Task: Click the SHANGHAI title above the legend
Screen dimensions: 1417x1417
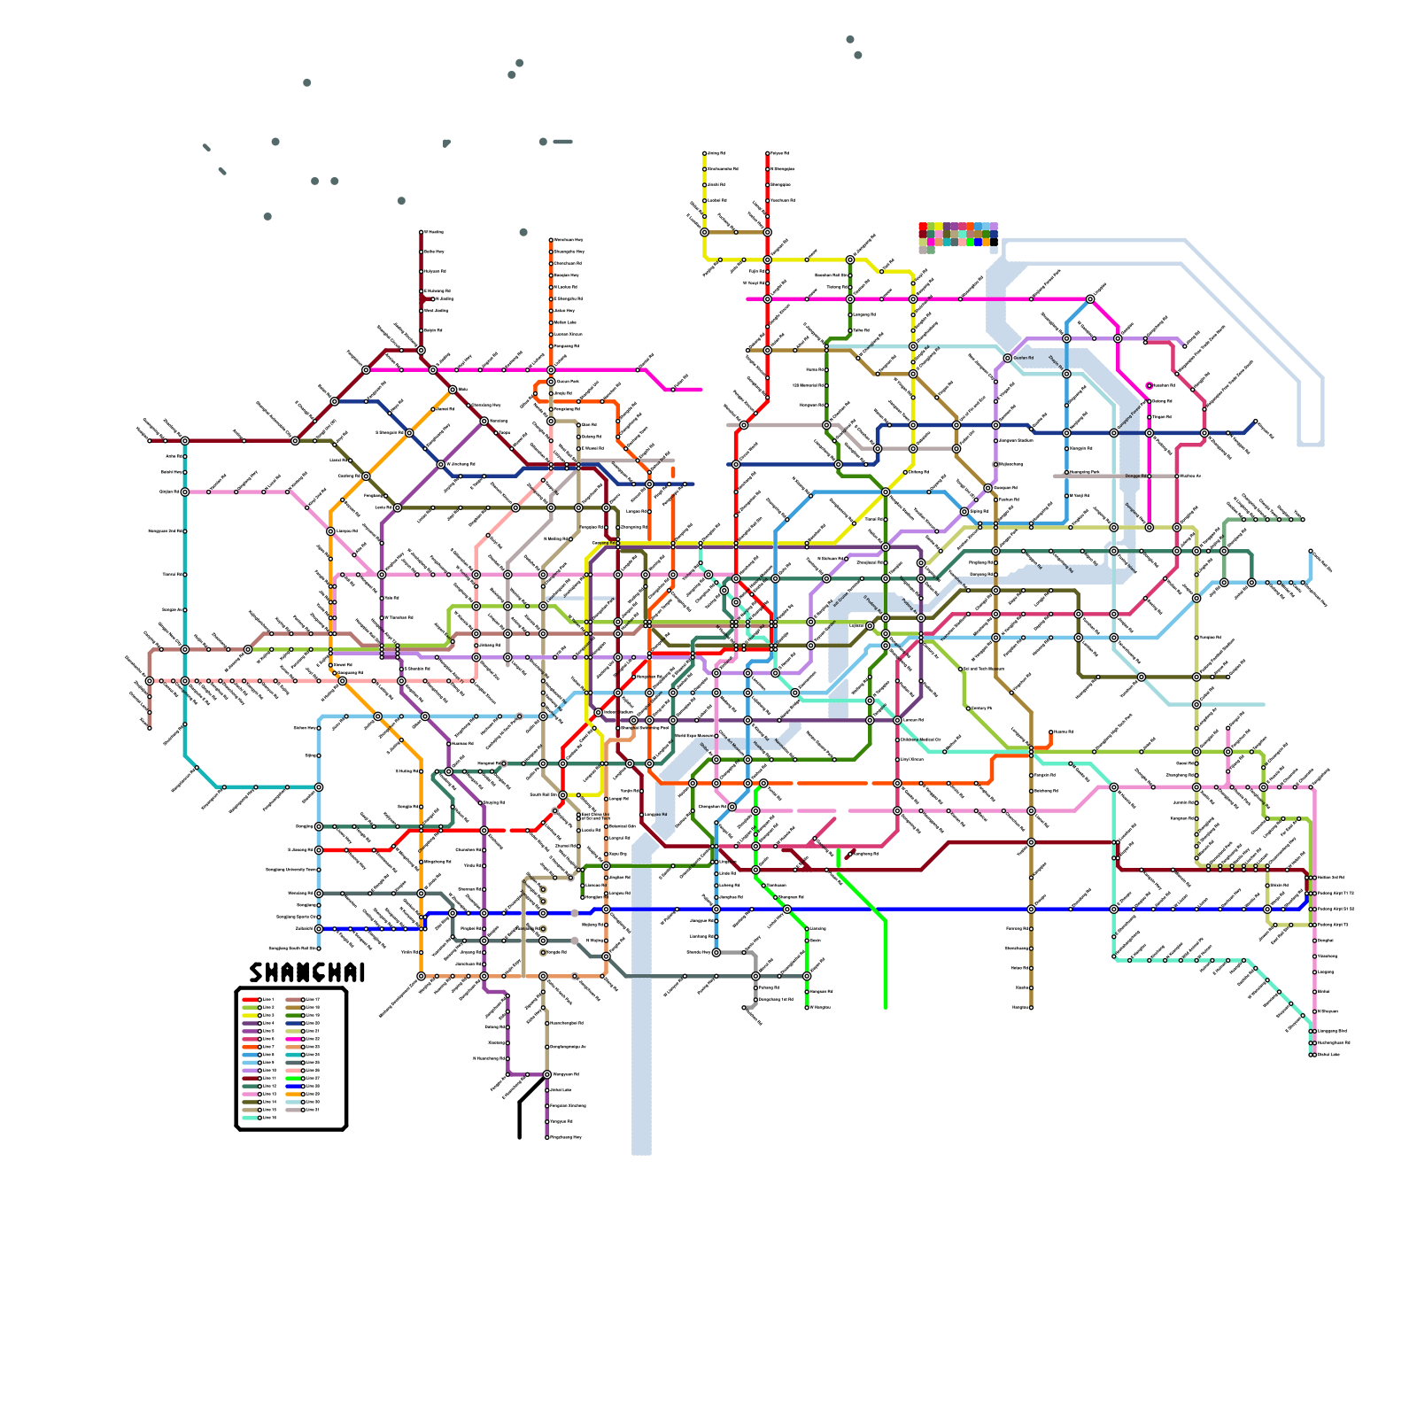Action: click(x=306, y=972)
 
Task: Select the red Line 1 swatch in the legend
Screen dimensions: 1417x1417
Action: click(x=250, y=1000)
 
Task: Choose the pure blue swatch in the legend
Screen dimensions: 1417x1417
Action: click(x=293, y=1086)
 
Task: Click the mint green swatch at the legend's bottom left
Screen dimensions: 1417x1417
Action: click(x=250, y=1118)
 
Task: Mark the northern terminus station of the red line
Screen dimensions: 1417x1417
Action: click(x=768, y=153)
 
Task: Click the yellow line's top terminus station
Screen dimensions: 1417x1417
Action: click(x=705, y=153)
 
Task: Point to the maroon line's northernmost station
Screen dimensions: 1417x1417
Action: click(x=422, y=232)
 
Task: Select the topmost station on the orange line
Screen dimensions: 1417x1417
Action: click(x=551, y=240)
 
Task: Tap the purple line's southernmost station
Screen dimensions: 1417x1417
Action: click(x=547, y=1137)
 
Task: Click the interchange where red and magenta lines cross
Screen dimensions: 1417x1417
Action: click(x=768, y=299)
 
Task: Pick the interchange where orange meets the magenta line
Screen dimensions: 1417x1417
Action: click(x=551, y=370)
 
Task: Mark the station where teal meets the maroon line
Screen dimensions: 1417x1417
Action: click(x=185, y=440)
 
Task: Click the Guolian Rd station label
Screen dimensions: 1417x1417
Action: click(x=1024, y=358)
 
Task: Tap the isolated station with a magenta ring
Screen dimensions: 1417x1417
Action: click(x=1150, y=385)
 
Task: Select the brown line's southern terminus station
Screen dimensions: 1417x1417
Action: click(x=1031, y=1007)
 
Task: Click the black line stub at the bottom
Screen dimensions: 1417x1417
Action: click(x=520, y=1120)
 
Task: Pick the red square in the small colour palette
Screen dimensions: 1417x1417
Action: click(x=923, y=227)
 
